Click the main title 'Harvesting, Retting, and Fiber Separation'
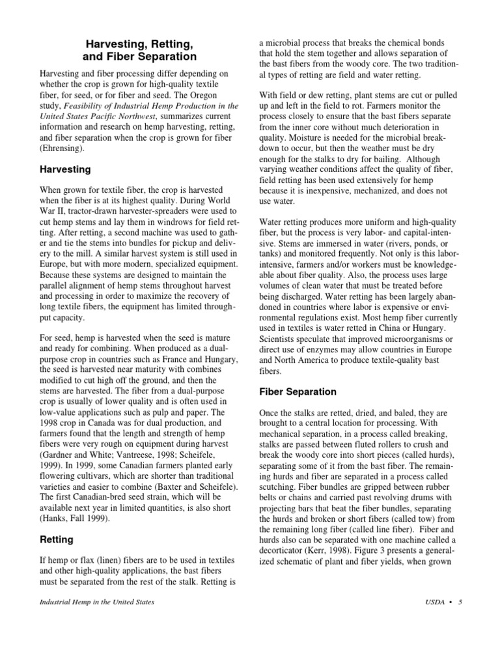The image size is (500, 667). click(x=139, y=50)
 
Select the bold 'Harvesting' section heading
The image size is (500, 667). click(x=66, y=169)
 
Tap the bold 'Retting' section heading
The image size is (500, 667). click(x=57, y=539)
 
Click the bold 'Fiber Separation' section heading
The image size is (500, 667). click(x=298, y=391)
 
